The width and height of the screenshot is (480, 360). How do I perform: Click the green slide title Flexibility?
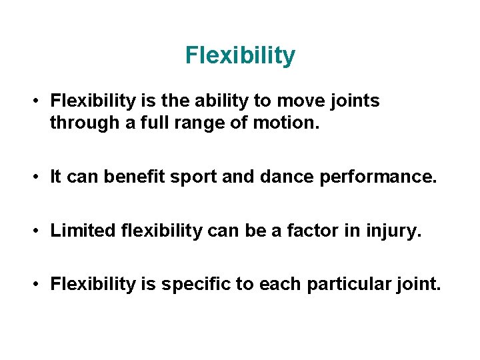(240, 55)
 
